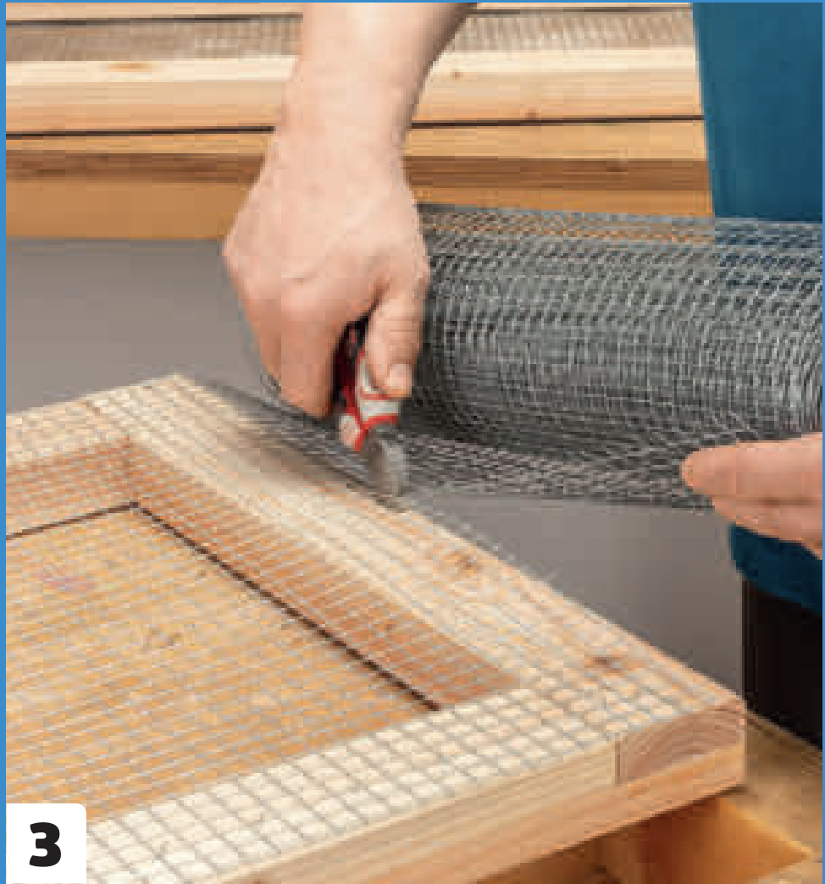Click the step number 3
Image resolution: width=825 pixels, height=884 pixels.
pyautogui.click(x=45, y=843)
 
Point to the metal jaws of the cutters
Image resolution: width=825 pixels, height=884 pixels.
pyautogui.click(x=389, y=462)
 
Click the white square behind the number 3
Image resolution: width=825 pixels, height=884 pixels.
pyautogui.click(x=45, y=843)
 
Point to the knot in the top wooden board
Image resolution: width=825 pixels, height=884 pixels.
pyautogui.click(x=129, y=67)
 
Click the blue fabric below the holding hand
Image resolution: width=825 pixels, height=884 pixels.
pyautogui.click(x=778, y=569)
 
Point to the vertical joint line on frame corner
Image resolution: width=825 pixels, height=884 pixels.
pyautogui.click(x=617, y=762)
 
